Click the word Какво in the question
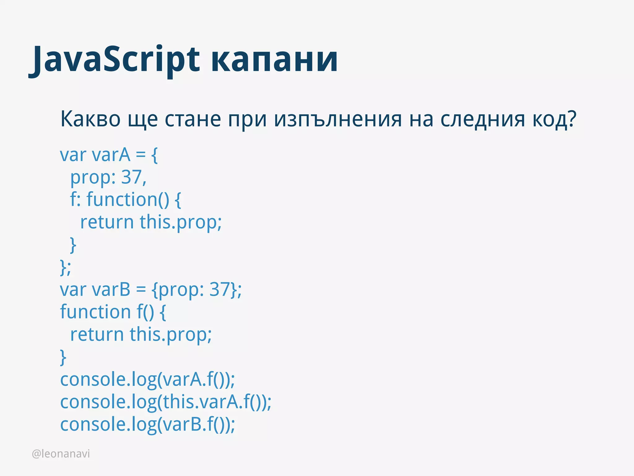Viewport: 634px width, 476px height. coord(90,119)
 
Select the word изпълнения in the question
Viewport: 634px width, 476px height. coord(338,119)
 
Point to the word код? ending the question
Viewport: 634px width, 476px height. coord(554,119)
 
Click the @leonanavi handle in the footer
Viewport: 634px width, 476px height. coord(61,454)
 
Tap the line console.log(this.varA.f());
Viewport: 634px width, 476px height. coord(166,402)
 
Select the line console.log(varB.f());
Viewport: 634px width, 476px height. coord(147,424)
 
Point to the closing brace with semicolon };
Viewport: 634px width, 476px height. coord(65,267)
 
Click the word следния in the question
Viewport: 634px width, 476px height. coord(483,119)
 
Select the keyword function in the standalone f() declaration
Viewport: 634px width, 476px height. coord(95,312)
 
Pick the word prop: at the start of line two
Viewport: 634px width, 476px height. coord(93,177)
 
